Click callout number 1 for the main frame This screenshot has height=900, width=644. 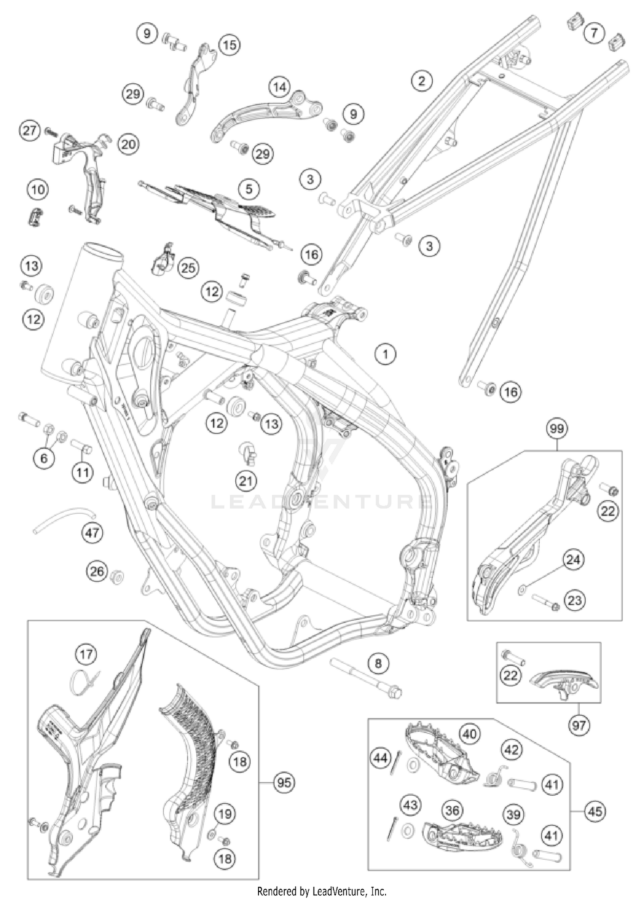385,354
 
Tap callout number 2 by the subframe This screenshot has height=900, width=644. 421,81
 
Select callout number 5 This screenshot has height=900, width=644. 249,189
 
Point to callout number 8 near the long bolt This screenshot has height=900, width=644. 378,663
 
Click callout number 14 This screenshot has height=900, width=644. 279,87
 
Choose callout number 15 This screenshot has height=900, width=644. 229,45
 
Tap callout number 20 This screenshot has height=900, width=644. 128,144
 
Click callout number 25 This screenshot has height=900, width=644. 188,268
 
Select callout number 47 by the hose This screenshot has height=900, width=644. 92,533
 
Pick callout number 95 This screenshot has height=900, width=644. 284,783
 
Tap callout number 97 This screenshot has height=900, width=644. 578,726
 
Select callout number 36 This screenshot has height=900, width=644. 452,811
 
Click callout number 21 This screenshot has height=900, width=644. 246,481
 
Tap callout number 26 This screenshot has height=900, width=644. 97,571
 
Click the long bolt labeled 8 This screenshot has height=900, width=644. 365,679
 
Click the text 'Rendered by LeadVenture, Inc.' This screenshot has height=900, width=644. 322,891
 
